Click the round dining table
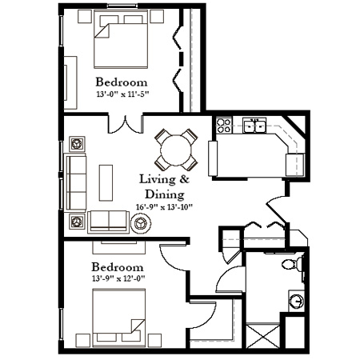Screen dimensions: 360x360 [x=176, y=150]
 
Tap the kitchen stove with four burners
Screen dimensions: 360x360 [x=223, y=126]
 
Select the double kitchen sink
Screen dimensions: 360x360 [x=254, y=126]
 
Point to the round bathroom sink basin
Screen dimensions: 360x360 [x=296, y=301]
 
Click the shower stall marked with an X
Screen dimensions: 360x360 [x=262, y=336]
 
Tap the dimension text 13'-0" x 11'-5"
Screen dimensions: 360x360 [x=122, y=94]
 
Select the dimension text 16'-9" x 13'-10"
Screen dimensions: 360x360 [x=164, y=206]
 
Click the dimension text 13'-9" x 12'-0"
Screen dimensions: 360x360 [x=118, y=278]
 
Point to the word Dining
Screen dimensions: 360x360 [x=165, y=194]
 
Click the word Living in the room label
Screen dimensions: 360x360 [x=158, y=179]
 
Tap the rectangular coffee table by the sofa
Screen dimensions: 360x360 [x=106, y=182]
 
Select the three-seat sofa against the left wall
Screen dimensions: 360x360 [x=75, y=182]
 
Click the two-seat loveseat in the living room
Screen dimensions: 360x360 [x=108, y=222]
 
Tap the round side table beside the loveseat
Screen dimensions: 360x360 [x=141, y=223]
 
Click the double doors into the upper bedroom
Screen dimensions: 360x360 [x=126, y=124]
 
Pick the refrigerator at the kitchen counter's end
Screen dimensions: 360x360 [x=295, y=165]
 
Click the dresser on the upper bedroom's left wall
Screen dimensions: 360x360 [x=70, y=82]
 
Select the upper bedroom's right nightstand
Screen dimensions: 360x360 [x=157, y=17]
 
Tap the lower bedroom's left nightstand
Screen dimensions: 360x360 [x=82, y=341]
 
